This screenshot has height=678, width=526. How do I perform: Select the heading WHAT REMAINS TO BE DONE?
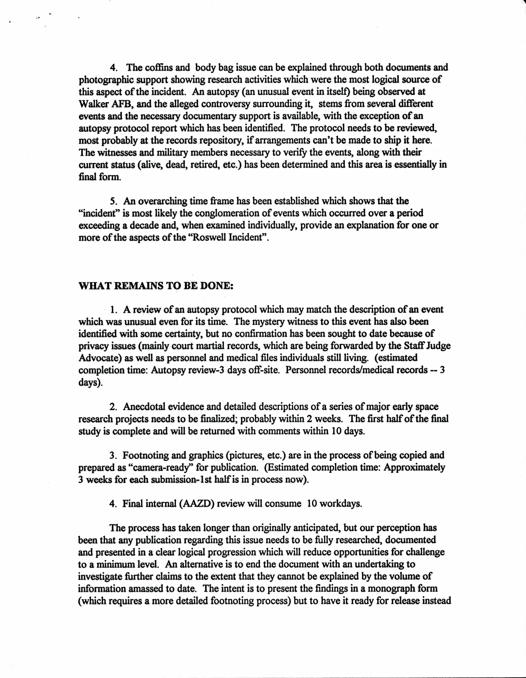[156, 286]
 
